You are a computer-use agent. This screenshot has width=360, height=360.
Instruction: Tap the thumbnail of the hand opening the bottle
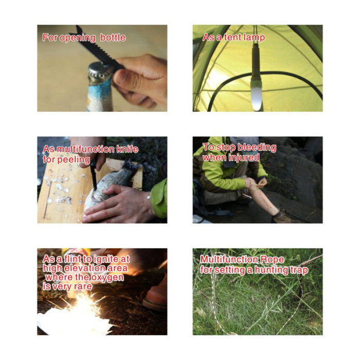[x=102, y=68]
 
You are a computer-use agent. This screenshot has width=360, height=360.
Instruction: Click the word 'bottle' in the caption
[x=113, y=38]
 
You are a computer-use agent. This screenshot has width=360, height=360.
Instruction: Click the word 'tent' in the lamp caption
[x=233, y=37]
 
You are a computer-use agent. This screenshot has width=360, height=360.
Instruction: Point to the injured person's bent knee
[x=249, y=183]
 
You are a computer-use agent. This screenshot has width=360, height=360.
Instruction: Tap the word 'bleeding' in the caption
[x=257, y=148]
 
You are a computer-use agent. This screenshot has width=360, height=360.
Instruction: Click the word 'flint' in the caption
[x=71, y=259]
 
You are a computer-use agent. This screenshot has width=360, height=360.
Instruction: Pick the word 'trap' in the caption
[x=299, y=270]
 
